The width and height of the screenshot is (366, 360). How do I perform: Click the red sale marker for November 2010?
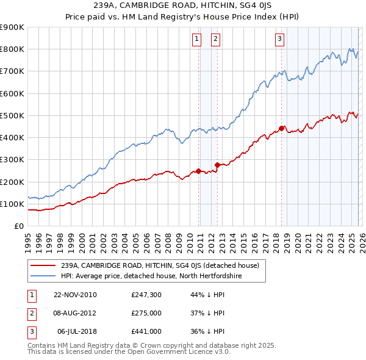click(x=199, y=171)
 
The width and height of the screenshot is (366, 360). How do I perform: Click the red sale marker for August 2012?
click(x=217, y=165)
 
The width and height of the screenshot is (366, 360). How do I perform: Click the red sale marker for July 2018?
click(x=281, y=128)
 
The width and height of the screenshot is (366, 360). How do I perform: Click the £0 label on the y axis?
click(x=18, y=226)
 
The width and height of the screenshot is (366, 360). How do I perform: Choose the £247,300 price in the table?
click(x=146, y=295)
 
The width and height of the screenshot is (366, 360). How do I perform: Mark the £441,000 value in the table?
click(x=146, y=331)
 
